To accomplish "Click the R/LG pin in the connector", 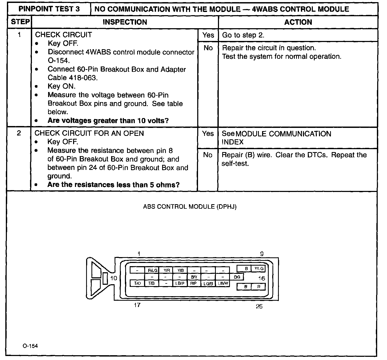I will (x=153, y=270).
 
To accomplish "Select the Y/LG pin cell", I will (x=259, y=269).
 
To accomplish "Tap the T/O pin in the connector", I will (x=137, y=283).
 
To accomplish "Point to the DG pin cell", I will (x=237, y=277).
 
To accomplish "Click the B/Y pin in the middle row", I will (x=194, y=277).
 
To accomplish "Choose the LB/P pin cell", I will (x=180, y=283).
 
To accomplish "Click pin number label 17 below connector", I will (x=137, y=305).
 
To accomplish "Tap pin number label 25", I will (x=259, y=306).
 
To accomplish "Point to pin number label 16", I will (x=262, y=278).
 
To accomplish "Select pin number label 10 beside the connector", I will (x=114, y=278).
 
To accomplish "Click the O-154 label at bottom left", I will (x=30, y=346).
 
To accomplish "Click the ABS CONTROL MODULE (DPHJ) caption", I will (x=190, y=207).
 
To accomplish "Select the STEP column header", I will (x=20, y=22).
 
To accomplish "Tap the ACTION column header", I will (x=298, y=22).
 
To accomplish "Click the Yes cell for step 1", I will (x=208, y=35).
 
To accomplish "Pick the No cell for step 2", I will (x=208, y=155).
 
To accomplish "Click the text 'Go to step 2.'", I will (x=243, y=35).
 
